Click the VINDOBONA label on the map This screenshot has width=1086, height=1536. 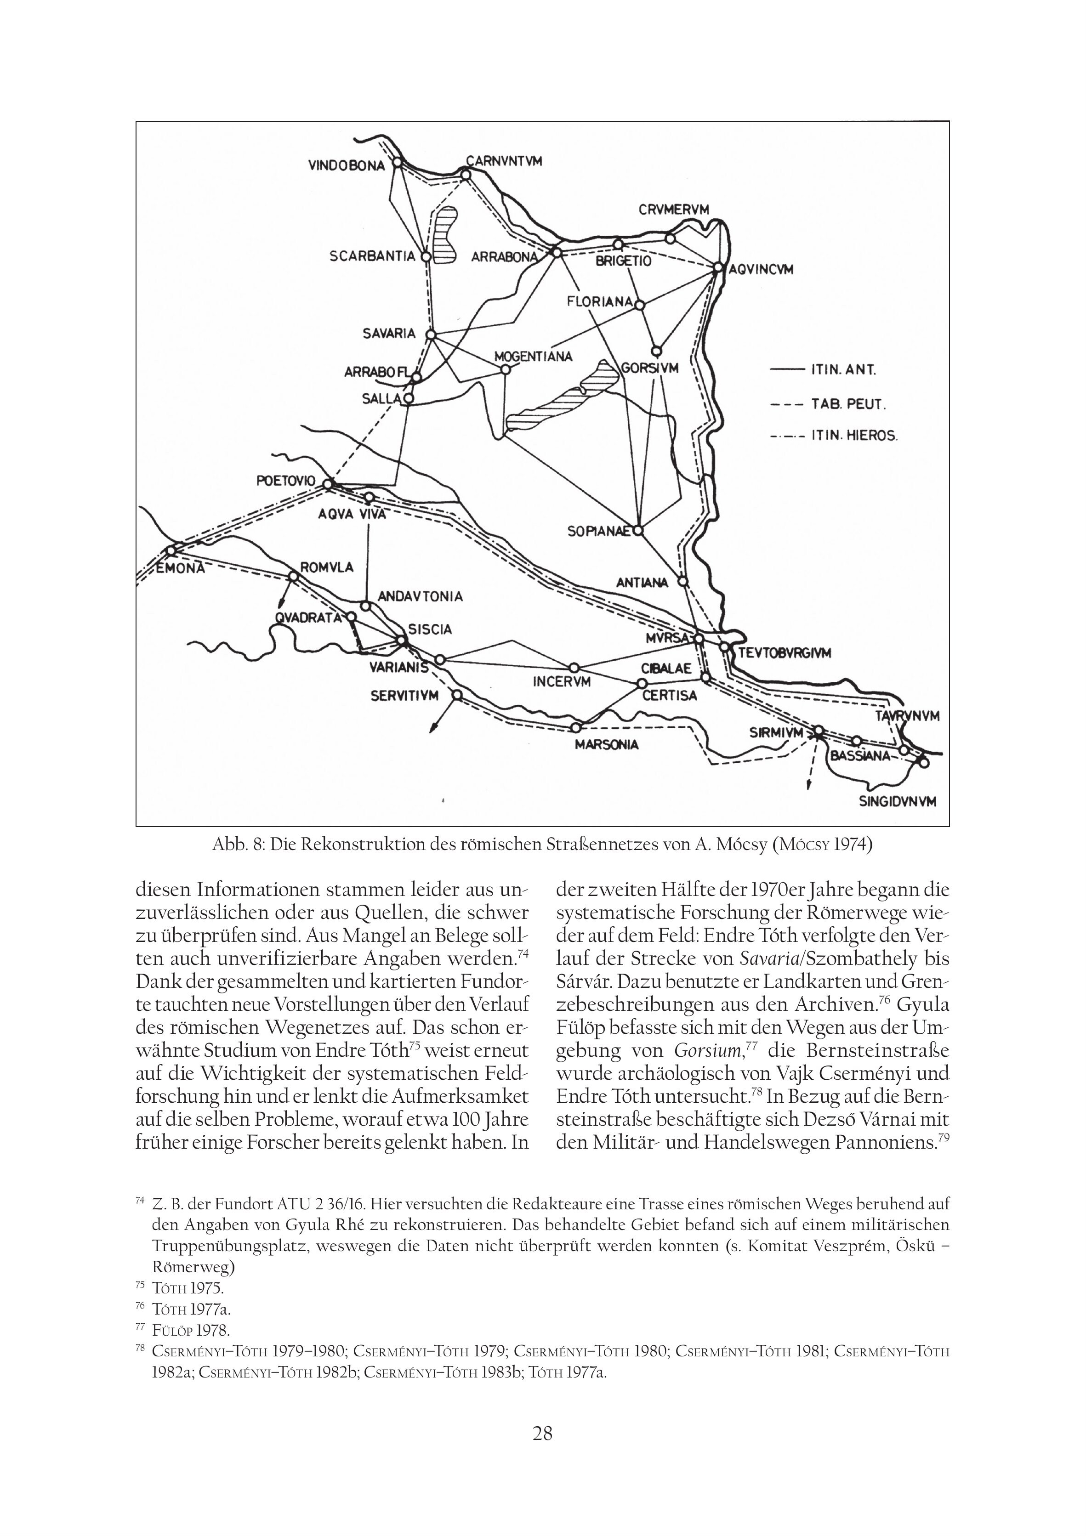[x=347, y=165]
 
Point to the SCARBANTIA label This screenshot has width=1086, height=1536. [x=373, y=256]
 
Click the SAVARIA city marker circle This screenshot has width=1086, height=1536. [x=431, y=334]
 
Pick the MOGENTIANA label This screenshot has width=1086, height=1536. [x=533, y=356]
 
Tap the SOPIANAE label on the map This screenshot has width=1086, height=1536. [x=599, y=532]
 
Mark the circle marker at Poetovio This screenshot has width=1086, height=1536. [x=328, y=484]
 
